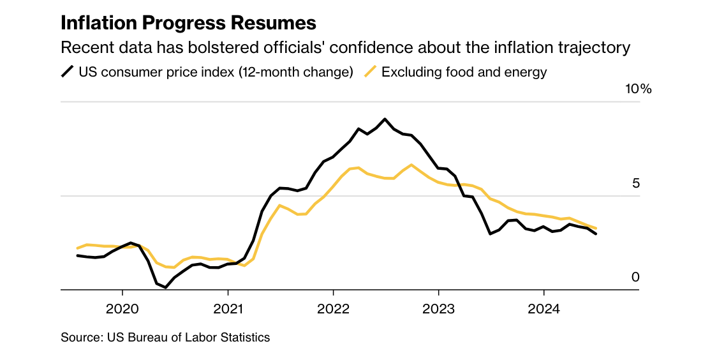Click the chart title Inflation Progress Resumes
188,23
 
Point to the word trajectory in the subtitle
593,48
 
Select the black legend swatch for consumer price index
67,71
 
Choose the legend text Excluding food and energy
464,71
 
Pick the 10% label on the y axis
638,89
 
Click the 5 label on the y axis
635,183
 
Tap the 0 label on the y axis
635,277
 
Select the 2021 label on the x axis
228,309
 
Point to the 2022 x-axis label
333,309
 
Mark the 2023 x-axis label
438,309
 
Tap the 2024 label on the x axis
543,309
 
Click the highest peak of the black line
385,119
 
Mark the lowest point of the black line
166,287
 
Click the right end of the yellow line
596,228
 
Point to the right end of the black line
596,234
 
